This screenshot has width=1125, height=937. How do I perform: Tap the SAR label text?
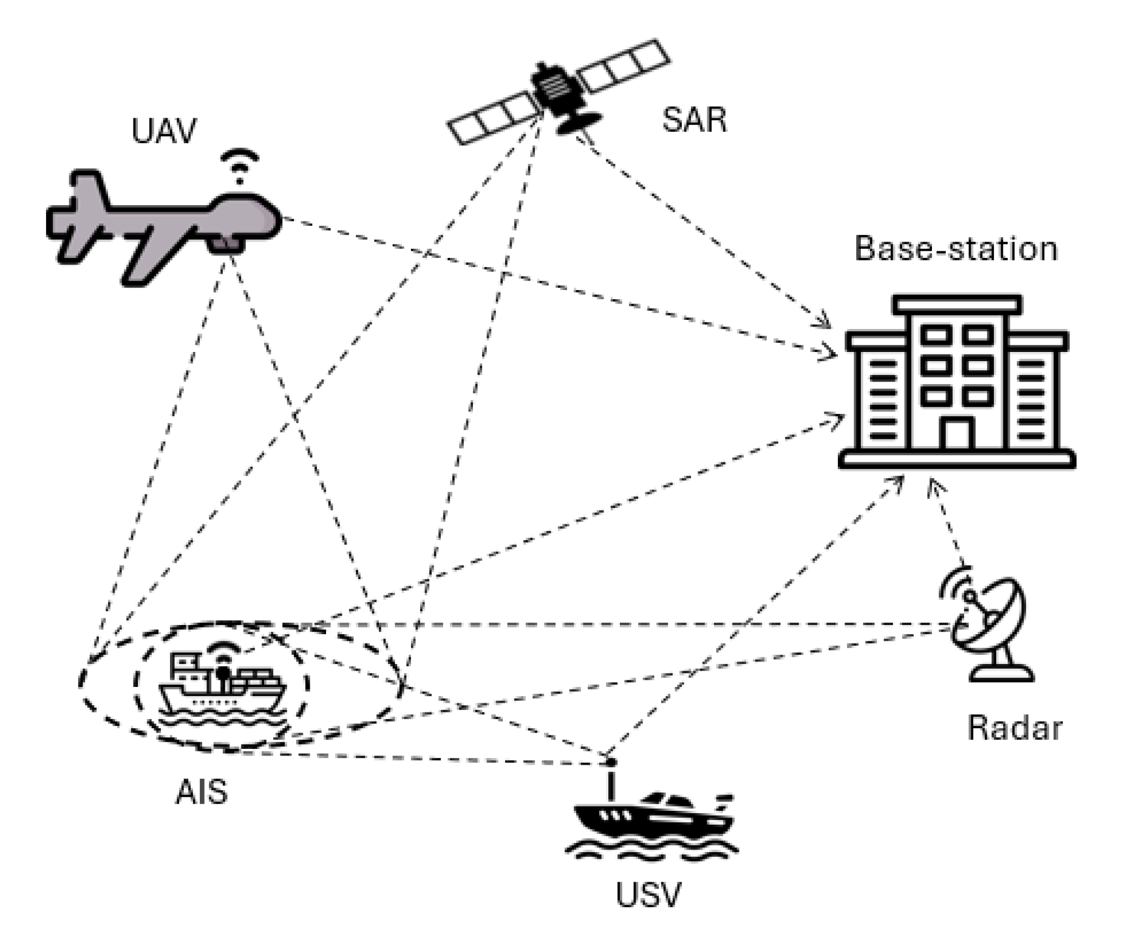693,120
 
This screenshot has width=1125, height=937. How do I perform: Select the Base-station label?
956,249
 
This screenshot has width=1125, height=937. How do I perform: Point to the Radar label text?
1014,728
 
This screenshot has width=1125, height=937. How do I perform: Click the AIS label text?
202,792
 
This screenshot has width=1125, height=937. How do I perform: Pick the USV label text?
648,895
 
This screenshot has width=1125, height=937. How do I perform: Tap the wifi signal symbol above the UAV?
239,164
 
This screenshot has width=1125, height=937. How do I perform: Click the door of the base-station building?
956,435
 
